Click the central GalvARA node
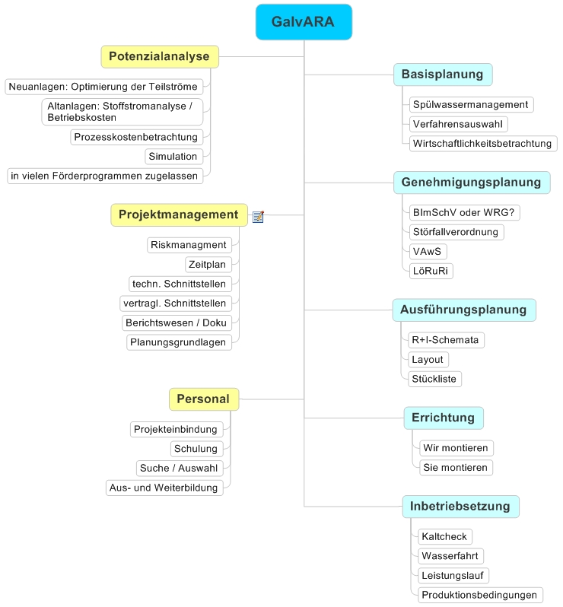click(x=304, y=22)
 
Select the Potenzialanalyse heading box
click(x=160, y=56)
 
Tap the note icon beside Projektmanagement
click(x=258, y=216)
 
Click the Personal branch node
click(x=204, y=399)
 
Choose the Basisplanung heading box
click(x=443, y=75)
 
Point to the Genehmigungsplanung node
click(x=472, y=183)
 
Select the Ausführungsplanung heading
click(x=464, y=310)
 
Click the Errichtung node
click(x=444, y=418)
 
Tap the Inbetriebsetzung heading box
click(x=460, y=507)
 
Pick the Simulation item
click(x=174, y=157)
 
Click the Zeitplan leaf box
click(x=208, y=265)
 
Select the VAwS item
click(x=428, y=251)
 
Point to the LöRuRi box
click(x=431, y=271)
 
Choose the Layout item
click(x=428, y=359)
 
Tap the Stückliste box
click(x=435, y=379)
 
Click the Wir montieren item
click(x=456, y=448)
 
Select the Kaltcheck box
click(x=445, y=536)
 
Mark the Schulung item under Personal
click(x=197, y=449)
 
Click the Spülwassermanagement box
click(x=471, y=104)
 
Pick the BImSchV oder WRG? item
click(x=464, y=212)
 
